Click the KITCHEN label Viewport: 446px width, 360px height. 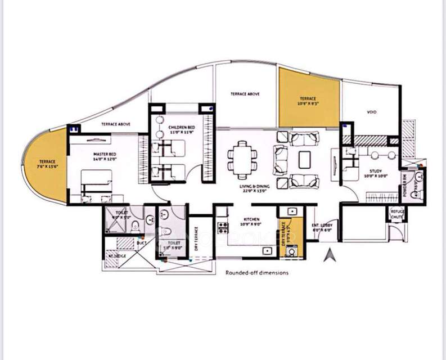pyautogui.click(x=251, y=220)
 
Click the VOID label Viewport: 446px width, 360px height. pyautogui.click(x=371, y=112)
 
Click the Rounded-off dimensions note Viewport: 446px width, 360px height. pyautogui.click(x=257, y=272)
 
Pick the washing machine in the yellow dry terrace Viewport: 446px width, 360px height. pyautogui.click(x=292, y=251)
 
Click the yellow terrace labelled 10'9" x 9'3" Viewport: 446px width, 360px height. pyautogui.click(x=309, y=98)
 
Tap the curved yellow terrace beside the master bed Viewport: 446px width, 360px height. pyautogui.click(x=45, y=166)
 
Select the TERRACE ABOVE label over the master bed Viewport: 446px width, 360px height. pyautogui.click(x=116, y=123)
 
